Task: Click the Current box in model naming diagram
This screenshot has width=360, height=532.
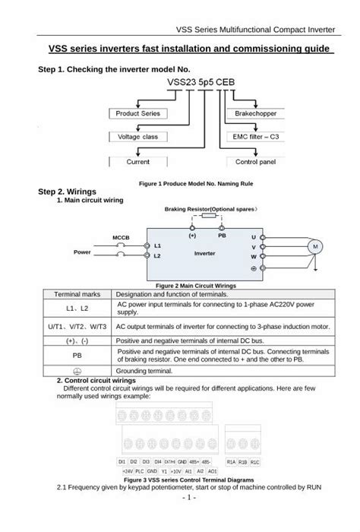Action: [139, 162]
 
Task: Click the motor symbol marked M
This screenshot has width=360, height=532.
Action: [312, 248]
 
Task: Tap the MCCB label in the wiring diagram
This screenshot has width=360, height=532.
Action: [122, 238]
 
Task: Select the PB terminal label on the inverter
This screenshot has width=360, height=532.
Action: [222, 236]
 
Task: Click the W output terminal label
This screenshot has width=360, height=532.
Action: [253, 258]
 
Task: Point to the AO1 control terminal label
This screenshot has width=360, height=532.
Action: [212, 471]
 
